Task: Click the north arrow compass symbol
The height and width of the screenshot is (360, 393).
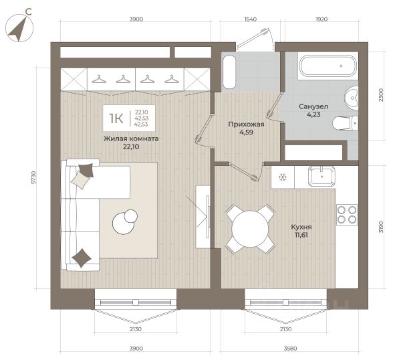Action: pyautogui.click(x=19, y=28)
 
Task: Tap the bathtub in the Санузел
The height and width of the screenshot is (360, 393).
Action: pyautogui.click(x=327, y=66)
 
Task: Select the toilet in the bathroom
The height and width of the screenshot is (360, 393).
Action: pyautogui.click(x=345, y=123)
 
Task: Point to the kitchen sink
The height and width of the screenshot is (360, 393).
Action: pyautogui.click(x=322, y=177)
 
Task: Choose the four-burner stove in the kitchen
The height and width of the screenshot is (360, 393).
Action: pyautogui.click(x=347, y=215)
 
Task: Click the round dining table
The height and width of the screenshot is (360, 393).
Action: pyautogui.click(x=250, y=229)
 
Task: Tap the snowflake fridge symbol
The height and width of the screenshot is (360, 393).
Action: pyautogui.click(x=283, y=177)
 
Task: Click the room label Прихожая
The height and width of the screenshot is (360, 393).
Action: pyautogui.click(x=246, y=124)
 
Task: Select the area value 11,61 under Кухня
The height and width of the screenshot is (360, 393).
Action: pyautogui.click(x=301, y=235)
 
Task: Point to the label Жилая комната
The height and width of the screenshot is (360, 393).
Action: pyautogui.click(x=131, y=139)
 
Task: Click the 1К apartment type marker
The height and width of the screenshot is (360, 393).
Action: pyautogui.click(x=116, y=118)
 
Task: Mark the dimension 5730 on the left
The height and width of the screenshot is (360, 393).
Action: pyautogui.click(x=33, y=178)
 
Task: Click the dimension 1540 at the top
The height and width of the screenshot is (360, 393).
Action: pyautogui.click(x=250, y=19)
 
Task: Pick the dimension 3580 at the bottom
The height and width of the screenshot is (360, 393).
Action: pyautogui.click(x=290, y=348)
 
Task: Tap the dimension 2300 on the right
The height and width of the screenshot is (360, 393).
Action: pyautogui.click(x=381, y=95)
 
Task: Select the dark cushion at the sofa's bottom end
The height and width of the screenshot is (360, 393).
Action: pyautogui.click(x=82, y=258)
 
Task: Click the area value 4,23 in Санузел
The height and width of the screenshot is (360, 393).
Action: pyautogui.click(x=313, y=114)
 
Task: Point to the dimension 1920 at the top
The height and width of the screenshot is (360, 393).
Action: pyautogui.click(x=321, y=19)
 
